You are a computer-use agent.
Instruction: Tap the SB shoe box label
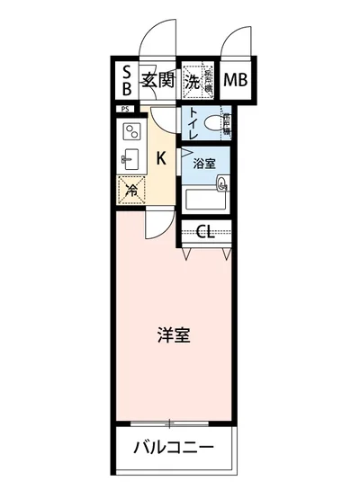pyautogui.click(x=126, y=80)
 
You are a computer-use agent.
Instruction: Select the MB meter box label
pyautogui.click(x=236, y=80)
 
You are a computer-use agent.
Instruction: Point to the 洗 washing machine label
pyautogui.click(x=192, y=79)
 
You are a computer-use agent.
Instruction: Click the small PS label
pyautogui.click(x=122, y=110)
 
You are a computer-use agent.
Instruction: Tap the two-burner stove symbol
pyautogui.click(x=131, y=132)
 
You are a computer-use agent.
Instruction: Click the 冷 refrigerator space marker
pyautogui.click(x=130, y=190)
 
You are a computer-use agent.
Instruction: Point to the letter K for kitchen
pyautogui.click(x=161, y=160)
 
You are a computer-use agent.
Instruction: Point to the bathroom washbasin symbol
pyautogui.click(x=222, y=186)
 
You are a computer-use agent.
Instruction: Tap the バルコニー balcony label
pyautogui.click(x=174, y=446)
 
